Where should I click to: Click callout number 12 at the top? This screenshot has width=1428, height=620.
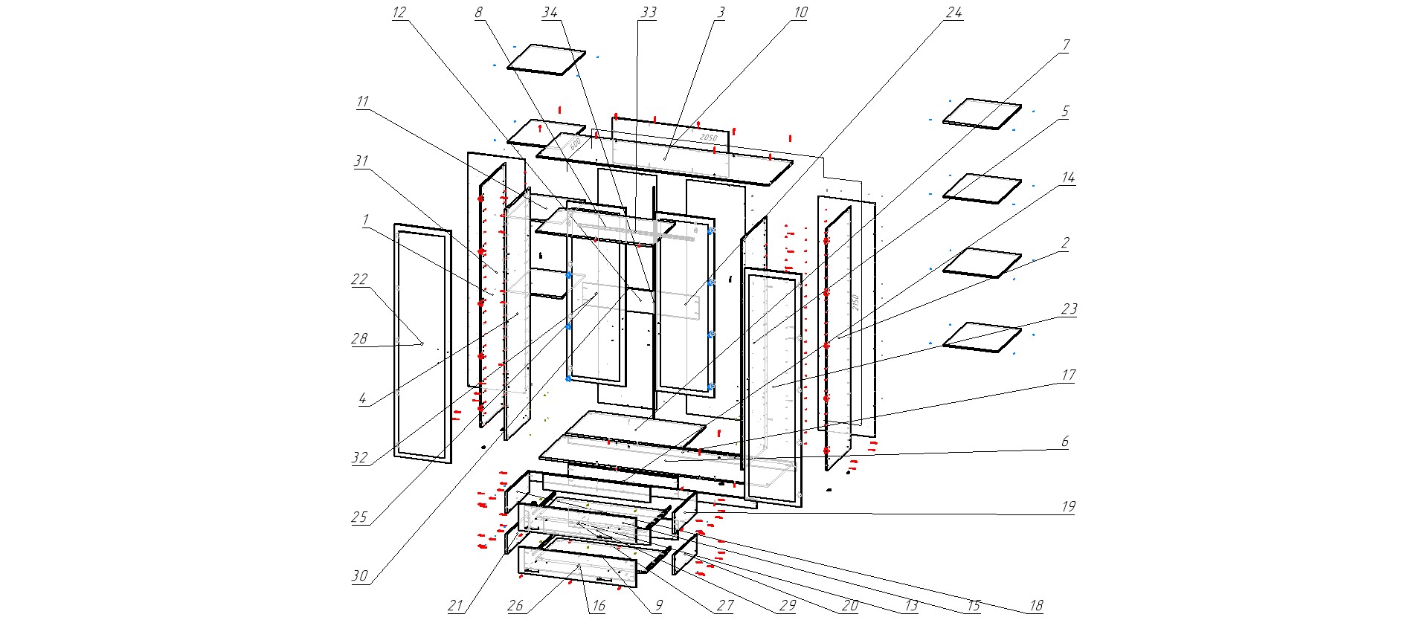[x=399, y=13]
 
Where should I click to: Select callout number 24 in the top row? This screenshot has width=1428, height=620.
[x=954, y=13]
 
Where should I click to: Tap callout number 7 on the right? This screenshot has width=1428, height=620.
[x=1065, y=45]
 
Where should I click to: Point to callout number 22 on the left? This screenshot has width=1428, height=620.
[x=359, y=280]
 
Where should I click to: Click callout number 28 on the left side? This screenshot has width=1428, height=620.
[x=359, y=339]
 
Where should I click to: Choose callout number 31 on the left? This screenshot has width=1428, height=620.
[x=361, y=161]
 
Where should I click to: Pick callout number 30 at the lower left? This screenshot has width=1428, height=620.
[x=360, y=575]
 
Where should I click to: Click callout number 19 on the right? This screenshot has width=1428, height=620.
[x=1068, y=506]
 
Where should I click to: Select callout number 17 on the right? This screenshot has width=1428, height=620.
[x=1068, y=375]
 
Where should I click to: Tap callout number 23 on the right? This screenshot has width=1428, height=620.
[x=1069, y=309]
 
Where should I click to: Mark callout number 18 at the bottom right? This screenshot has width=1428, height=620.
[x=1036, y=606]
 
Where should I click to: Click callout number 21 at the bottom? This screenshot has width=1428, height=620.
[x=456, y=606]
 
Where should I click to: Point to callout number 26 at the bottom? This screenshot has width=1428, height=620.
[x=515, y=606]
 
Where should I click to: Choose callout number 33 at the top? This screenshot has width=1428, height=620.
[x=648, y=13]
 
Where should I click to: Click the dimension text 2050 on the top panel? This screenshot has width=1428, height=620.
[x=708, y=138]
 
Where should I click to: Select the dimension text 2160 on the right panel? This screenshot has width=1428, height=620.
[x=856, y=303]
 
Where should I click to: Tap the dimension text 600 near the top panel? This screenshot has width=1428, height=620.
[x=574, y=143]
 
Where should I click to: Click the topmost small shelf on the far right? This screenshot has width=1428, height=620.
[x=982, y=114]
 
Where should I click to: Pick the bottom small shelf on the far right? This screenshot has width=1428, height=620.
[x=982, y=337]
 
